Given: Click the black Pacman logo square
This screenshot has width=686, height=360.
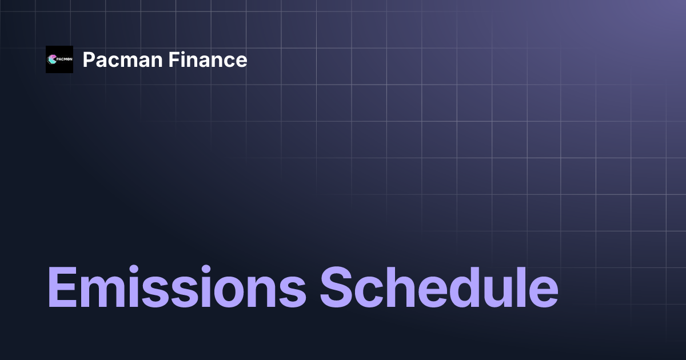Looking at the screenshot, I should coord(59,59).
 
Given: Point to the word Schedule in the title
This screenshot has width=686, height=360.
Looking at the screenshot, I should coord(438,286).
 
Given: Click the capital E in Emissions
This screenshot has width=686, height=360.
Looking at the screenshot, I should coord(62,286).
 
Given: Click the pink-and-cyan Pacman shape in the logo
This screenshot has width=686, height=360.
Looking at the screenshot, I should coord(53,59).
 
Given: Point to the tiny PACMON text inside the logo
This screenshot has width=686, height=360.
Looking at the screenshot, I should coord(64,59).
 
